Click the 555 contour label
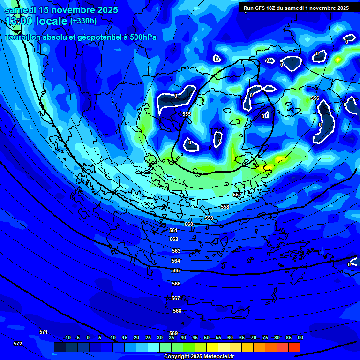point(187,114)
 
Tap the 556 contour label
point(315,98)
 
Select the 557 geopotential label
point(237,195)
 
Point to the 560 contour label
point(189,224)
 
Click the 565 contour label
point(175,270)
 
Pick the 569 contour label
point(173,333)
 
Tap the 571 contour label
point(44,332)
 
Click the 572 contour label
point(18,344)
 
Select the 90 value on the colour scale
point(300,337)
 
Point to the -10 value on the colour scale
point(67,337)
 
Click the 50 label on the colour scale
point(207,337)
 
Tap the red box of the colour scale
point(294,347)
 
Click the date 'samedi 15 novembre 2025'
point(61,10)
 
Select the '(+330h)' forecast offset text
point(83,21)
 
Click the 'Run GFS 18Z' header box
point(296,8)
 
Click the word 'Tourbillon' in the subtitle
point(22,37)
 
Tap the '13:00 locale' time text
point(36,21)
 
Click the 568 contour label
point(177,311)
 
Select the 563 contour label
point(176,251)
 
